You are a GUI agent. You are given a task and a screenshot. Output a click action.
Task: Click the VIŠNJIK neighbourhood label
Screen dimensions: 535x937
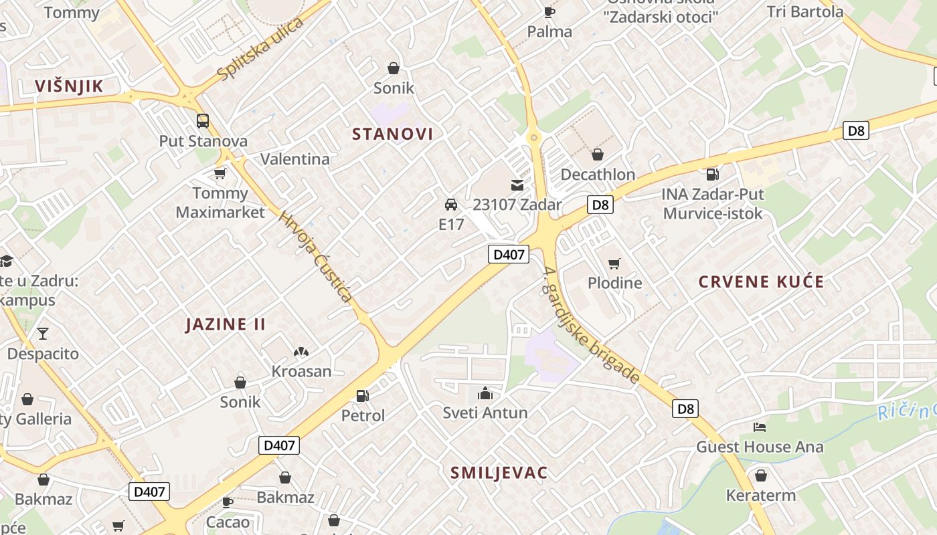click(x=69, y=86)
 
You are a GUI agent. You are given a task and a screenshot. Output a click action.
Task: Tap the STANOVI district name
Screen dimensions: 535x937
click(x=393, y=134)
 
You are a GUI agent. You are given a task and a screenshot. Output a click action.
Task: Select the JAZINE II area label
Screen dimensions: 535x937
click(x=226, y=324)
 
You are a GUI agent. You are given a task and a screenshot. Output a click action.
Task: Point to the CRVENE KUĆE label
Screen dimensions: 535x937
click(x=761, y=282)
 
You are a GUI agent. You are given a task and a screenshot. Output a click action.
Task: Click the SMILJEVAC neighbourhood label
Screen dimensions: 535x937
click(x=499, y=473)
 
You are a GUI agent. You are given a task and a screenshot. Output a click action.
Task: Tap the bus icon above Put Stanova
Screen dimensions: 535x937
click(x=203, y=121)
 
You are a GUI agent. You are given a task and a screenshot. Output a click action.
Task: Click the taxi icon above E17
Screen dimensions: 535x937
click(x=451, y=205)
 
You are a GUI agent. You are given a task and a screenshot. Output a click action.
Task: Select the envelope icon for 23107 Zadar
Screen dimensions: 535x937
click(x=517, y=185)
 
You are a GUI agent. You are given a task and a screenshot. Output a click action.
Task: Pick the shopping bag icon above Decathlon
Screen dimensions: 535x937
click(x=598, y=154)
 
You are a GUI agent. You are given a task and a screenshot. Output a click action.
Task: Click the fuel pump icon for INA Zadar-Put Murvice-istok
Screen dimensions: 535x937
click(x=712, y=175)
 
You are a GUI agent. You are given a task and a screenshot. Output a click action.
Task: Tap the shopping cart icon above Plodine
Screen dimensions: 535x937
click(x=614, y=263)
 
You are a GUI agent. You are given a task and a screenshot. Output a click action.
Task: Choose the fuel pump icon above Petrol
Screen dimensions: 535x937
click(x=363, y=396)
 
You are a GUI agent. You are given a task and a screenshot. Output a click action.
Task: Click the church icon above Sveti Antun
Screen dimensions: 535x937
click(x=485, y=393)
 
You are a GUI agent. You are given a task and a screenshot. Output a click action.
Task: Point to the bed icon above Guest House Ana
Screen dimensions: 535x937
click(x=760, y=427)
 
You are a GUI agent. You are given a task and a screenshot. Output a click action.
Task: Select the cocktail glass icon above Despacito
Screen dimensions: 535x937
click(x=43, y=333)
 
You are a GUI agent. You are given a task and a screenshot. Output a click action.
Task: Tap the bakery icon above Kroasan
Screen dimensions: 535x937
click(x=301, y=352)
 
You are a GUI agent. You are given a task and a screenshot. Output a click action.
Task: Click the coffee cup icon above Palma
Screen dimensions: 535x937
click(x=549, y=11)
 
